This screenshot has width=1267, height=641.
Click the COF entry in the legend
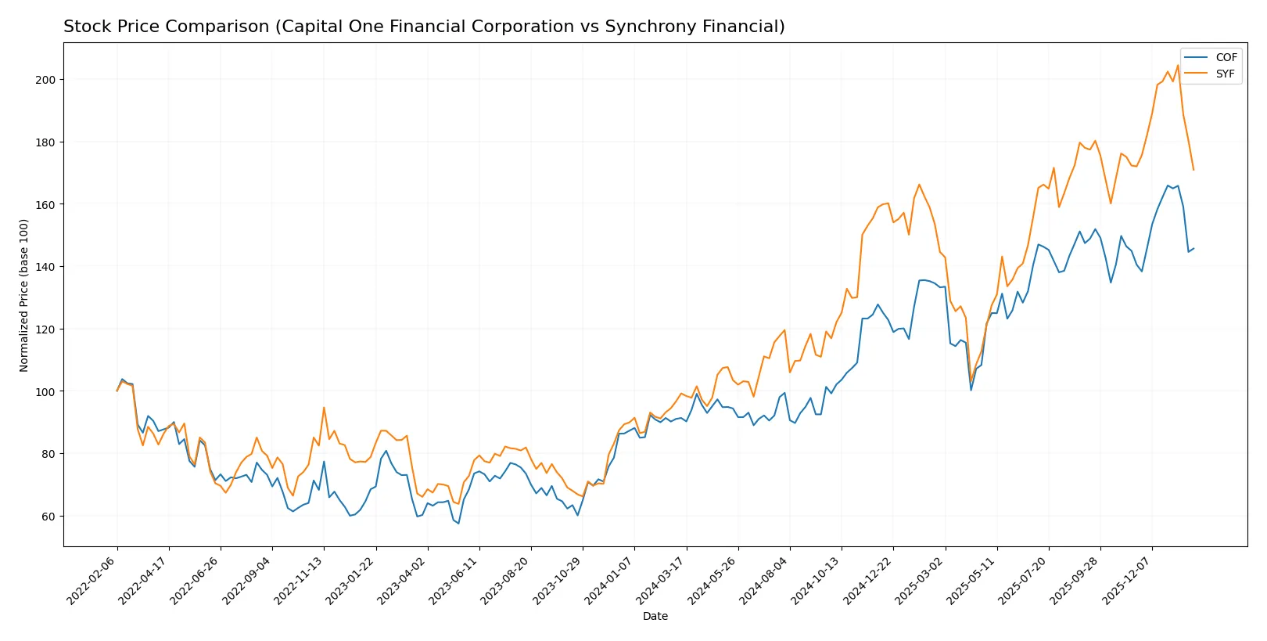[x=1226, y=57]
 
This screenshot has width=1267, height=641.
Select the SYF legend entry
[x=1225, y=74]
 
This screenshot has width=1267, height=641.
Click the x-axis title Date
[x=655, y=616]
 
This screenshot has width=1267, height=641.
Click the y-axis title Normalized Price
[x=24, y=295]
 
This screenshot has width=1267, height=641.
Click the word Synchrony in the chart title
[x=618, y=27]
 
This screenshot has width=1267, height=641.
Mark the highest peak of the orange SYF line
[x=1178, y=65]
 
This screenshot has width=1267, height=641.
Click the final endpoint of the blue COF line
[x=1193, y=248]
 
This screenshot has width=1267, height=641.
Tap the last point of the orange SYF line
[x=1193, y=170]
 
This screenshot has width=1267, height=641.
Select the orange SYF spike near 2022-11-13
[x=324, y=407]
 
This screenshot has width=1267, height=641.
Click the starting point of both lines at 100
[x=117, y=391]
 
